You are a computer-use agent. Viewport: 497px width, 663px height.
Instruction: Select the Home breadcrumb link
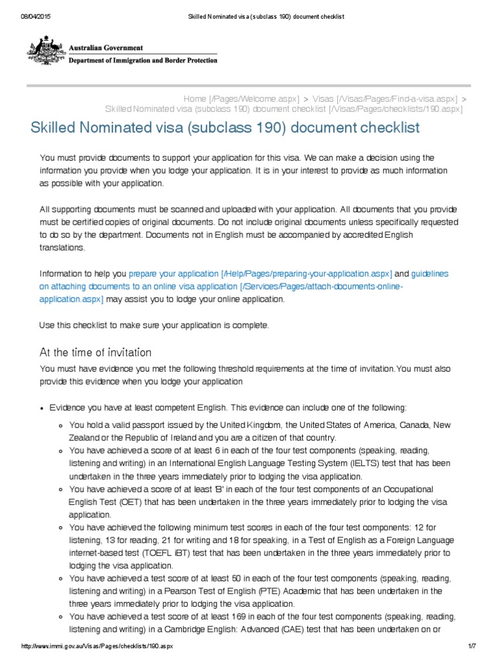195,98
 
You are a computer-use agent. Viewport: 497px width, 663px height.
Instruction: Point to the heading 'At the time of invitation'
95,352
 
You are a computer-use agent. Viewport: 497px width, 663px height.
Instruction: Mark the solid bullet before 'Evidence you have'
42,409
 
